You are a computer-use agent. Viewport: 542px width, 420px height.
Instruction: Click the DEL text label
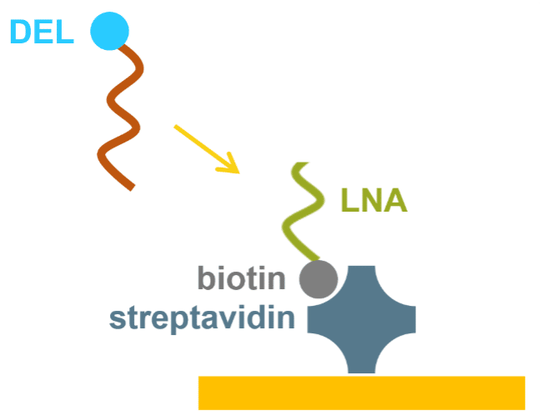[42, 32]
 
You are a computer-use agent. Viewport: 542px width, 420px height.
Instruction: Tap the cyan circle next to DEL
[109, 31]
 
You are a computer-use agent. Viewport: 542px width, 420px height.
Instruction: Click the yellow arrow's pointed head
[238, 172]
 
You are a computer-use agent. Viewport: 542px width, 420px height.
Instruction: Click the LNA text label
[374, 200]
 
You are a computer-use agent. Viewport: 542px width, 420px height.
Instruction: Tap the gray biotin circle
[319, 279]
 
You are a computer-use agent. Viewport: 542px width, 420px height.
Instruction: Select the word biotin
[241, 278]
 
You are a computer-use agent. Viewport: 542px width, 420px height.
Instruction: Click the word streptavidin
[203, 318]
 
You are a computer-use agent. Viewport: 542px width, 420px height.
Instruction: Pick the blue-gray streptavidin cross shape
[362, 319]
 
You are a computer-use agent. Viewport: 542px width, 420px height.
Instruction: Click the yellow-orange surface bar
[362, 393]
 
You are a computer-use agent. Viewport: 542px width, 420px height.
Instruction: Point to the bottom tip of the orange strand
[133, 188]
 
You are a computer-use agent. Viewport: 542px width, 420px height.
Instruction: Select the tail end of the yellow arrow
[176, 126]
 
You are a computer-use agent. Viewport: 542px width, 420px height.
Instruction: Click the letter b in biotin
[207, 278]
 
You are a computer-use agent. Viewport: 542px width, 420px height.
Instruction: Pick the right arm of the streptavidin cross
[401, 319]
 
